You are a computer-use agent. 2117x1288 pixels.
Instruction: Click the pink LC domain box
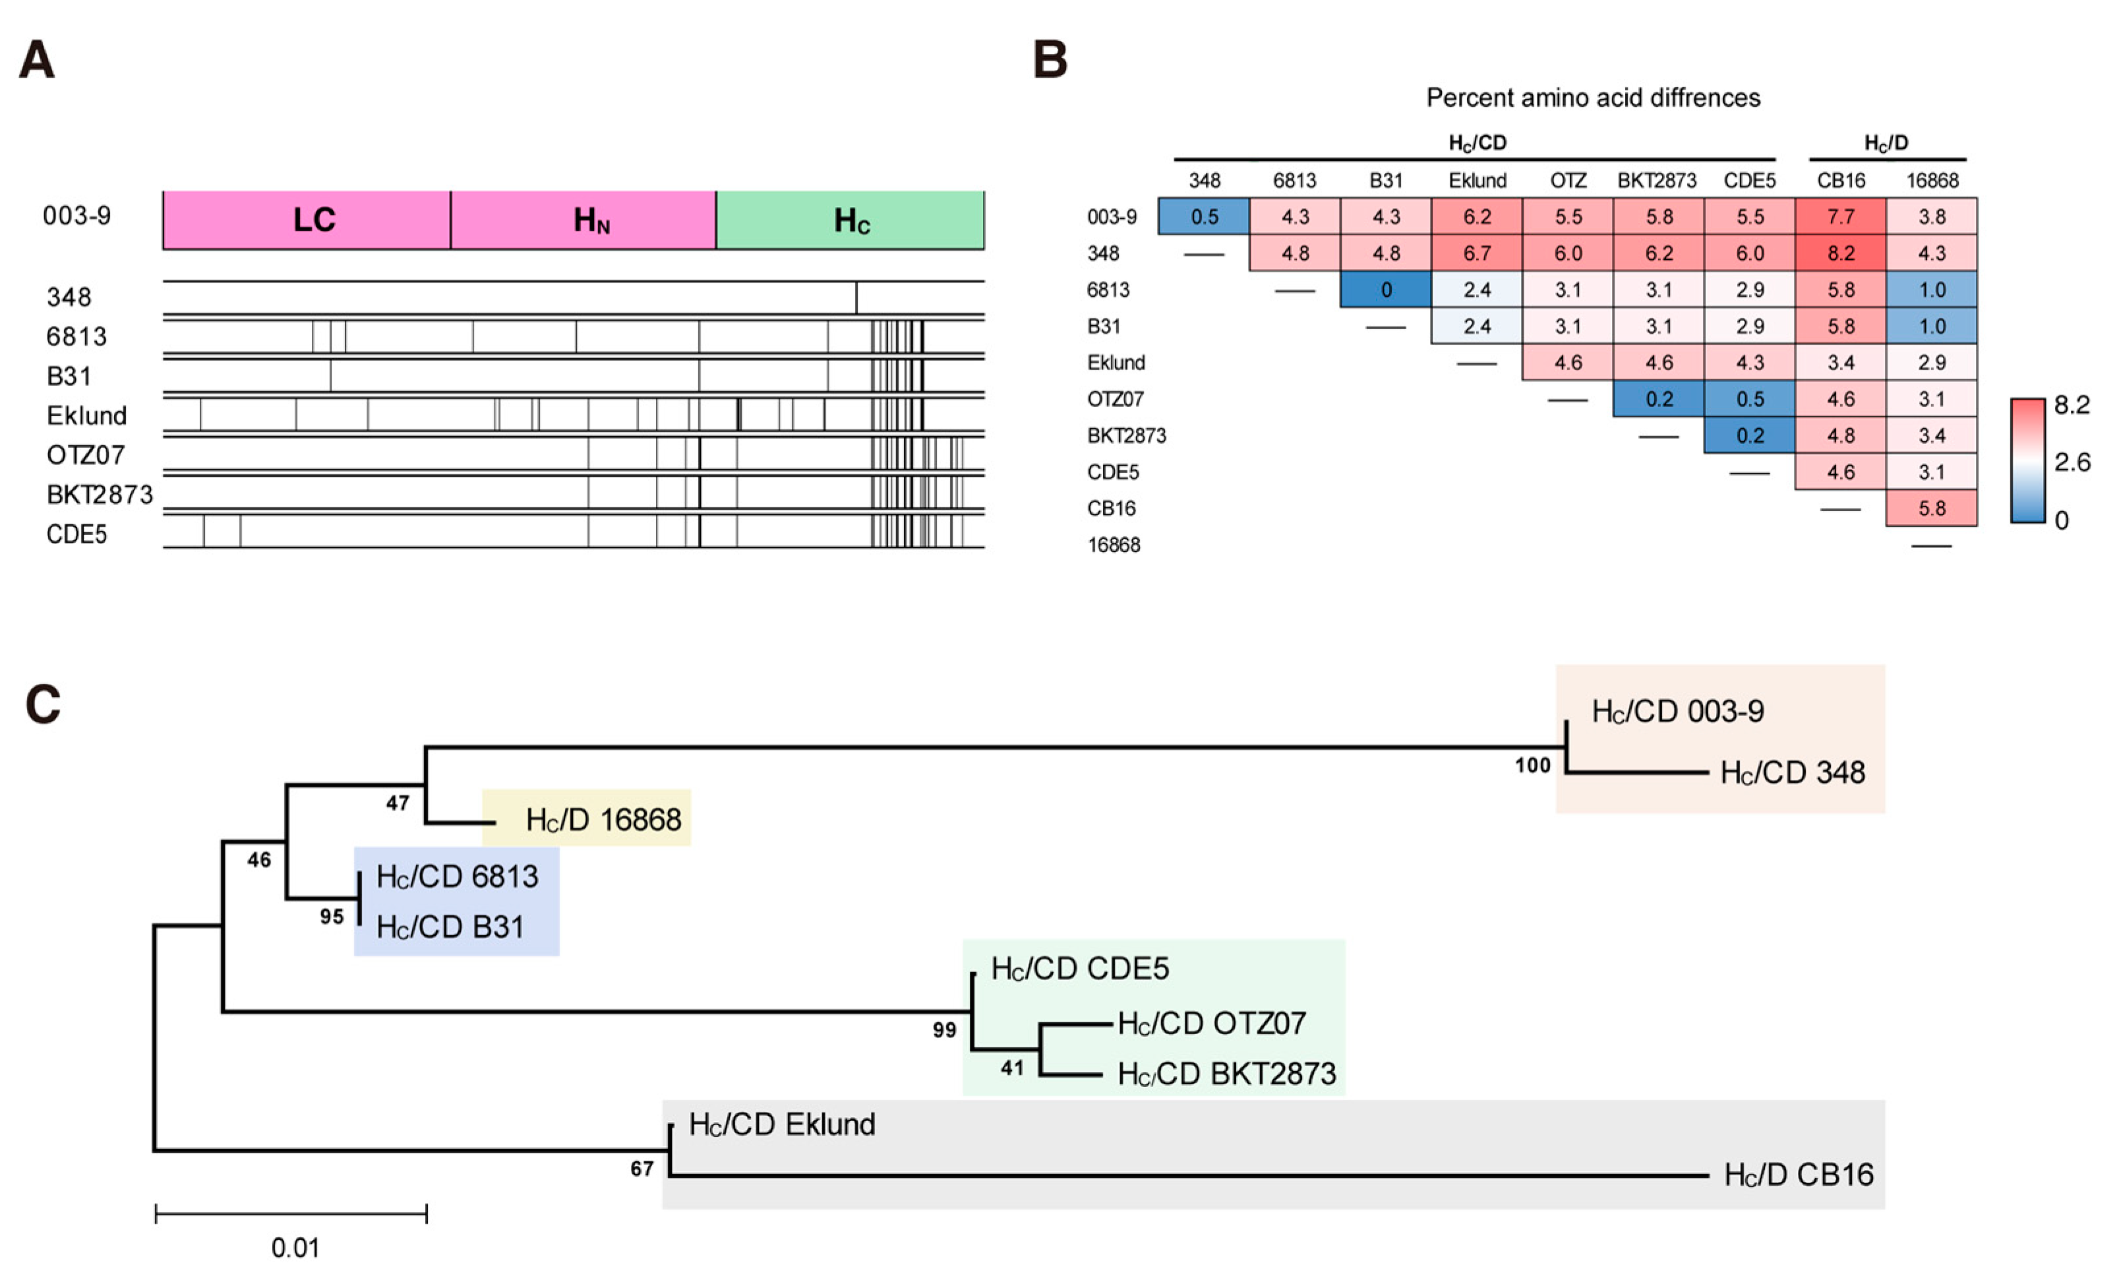click(306, 220)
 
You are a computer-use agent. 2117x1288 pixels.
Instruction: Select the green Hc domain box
click(850, 220)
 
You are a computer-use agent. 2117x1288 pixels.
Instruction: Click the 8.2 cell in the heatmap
click(1840, 253)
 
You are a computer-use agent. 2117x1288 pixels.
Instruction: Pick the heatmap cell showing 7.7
click(1840, 216)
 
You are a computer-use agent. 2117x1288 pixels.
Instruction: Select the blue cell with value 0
click(1385, 290)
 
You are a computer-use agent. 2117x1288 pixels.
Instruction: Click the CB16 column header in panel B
click(1840, 181)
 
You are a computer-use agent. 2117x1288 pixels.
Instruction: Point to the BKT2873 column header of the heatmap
click(1657, 181)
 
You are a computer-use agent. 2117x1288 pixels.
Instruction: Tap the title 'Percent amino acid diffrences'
click(1593, 98)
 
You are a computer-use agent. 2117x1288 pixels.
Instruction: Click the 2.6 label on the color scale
click(2072, 463)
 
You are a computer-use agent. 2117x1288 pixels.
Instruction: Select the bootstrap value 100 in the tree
click(1532, 766)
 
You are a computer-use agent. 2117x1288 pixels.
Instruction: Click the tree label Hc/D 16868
click(603, 820)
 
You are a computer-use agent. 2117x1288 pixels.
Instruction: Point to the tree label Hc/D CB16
click(1799, 1175)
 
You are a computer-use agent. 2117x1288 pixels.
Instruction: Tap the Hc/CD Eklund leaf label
click(782, 1124)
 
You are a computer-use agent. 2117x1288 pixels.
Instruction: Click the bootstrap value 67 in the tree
click(641, 1169)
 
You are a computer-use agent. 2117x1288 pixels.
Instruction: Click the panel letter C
click(43, 704)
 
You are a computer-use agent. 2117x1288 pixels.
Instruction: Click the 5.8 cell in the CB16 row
click(1932, 508)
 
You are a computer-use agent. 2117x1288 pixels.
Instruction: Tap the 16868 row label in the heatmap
click(1114, 545)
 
